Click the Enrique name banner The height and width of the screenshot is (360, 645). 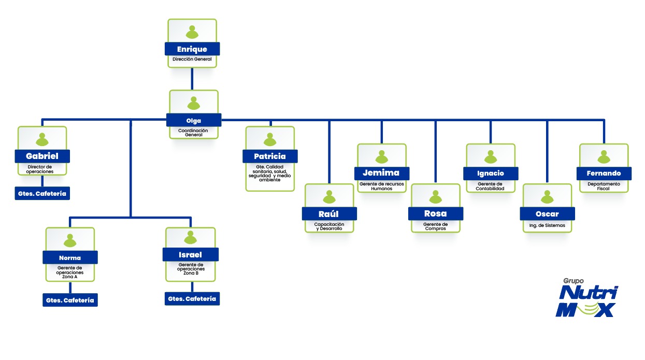(x=192, y=49)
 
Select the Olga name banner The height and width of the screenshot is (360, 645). (x=194, y=120)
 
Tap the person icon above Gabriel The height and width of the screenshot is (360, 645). (x=42, y=139)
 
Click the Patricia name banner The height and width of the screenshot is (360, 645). (x=270, y=156)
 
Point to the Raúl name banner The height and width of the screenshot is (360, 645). (x=329, y=213)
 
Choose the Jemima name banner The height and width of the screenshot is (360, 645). (x=382, y=174)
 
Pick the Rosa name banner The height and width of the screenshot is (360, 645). (x=435, y=213)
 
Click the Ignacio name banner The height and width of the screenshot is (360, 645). (x=491, y=174)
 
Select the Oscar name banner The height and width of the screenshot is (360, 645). (x=547, y=214)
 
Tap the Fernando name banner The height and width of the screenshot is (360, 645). (x=604, y=174)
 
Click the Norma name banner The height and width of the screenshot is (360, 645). (x=70, y=257)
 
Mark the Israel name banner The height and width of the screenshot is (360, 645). (x=191, y=254)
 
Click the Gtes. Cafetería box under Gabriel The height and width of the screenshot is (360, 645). (x=42, y=194)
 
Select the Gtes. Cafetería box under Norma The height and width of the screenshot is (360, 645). (x=70, y=300)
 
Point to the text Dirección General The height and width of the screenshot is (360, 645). (x=192, y=60)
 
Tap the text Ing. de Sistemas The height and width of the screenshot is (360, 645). (x=547, y=226)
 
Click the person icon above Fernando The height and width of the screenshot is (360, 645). (x=604, y=156)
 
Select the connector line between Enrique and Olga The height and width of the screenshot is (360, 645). (x=192, y=79)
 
